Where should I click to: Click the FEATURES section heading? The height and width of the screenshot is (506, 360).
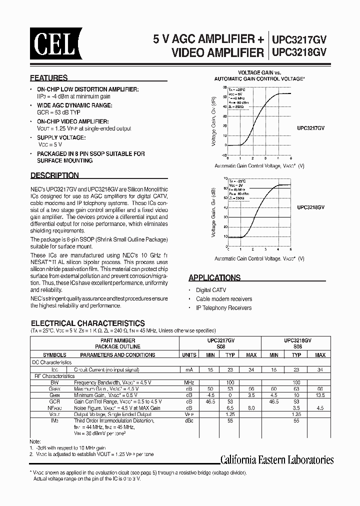[x=49, y=78]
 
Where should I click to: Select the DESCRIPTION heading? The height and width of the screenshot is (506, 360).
[x=54, y=175]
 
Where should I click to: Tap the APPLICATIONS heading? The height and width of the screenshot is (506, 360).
[x=214, y=277]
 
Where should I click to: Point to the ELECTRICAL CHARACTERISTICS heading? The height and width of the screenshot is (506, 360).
[x=88, y=323]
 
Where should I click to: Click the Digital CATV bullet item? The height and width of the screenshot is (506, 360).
[x=211, y=290]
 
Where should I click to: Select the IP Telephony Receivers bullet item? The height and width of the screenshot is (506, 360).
[x=223, y=308]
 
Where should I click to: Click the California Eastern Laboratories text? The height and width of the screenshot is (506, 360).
[x=277, y=460]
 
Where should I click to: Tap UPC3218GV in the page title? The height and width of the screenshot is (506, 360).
[x=299, y=52]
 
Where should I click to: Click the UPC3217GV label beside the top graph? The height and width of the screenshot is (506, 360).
[x=310, y=128]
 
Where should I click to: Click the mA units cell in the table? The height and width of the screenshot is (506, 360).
[x=189, y=370]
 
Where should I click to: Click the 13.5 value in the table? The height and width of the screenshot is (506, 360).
[x=320, y=394]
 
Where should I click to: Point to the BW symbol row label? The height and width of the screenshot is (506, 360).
[x=54, y=382]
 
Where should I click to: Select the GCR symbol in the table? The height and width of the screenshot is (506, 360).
[x=54, y=401]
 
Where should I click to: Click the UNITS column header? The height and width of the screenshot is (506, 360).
[x=189, y=354]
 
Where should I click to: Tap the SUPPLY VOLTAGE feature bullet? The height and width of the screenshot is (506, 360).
[x=61, y=137]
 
